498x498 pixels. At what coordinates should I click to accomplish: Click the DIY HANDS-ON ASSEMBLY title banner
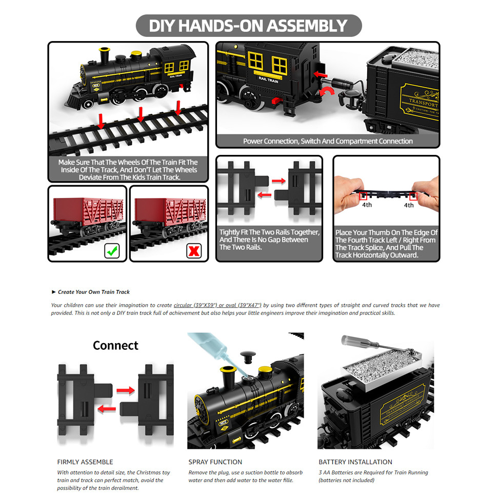coord(248,26)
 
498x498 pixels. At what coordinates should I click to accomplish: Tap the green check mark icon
coord(112,251)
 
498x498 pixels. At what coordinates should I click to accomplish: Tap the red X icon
coord(194,251)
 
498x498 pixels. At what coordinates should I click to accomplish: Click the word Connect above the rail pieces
coord(115,345)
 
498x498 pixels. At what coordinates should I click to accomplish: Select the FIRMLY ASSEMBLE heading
coord(85,462)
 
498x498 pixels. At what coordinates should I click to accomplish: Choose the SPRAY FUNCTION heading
coord(215,462)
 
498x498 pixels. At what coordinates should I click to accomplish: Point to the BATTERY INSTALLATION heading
coord(355,462)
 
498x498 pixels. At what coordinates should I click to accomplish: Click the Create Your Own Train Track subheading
coord(93,292)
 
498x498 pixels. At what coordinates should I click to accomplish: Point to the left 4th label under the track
coord(366,205)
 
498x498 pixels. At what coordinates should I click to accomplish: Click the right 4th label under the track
coord(409,205)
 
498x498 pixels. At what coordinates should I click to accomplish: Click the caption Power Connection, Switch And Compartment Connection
coord(327,141)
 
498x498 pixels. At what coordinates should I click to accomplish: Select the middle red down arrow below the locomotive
coord(141,115)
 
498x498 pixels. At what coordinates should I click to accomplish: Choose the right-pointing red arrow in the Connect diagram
coord(125,391)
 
